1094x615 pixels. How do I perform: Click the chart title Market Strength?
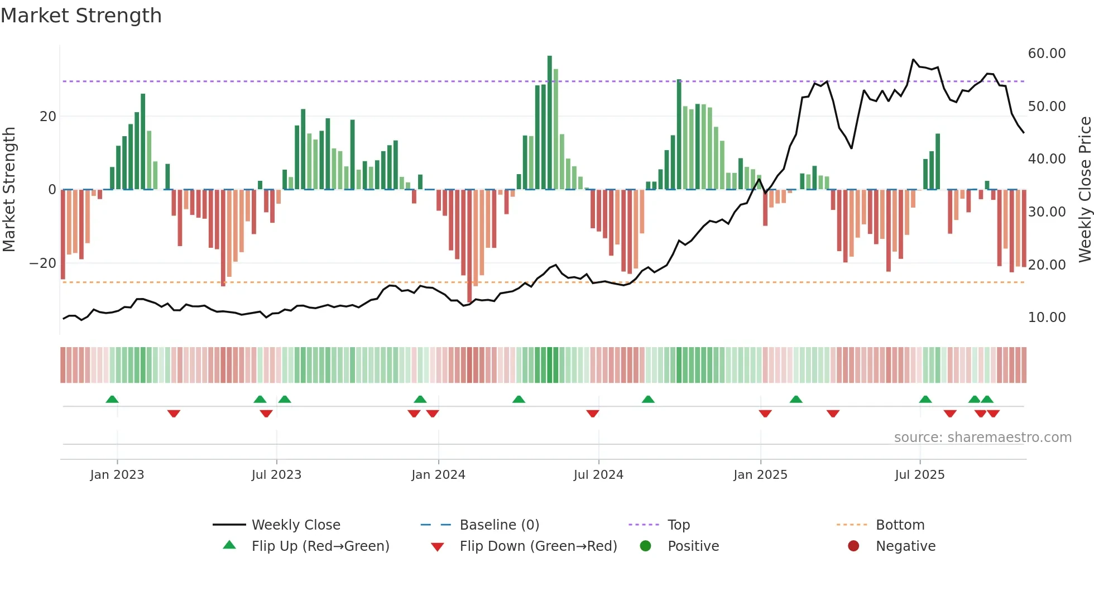pyautogui.click(x=81, y=16)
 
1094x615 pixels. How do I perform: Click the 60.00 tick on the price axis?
pyautogui.click(x=1047, y=54)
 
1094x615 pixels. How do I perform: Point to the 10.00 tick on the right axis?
pyautogui.click(x=1047, y=318)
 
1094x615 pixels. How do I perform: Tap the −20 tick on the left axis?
pyautogui.click(x=42, y=263)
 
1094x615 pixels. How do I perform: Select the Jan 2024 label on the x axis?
pyautogui.click(x=438, y=475)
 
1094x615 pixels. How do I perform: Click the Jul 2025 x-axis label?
pyautogui.click(x=919, y=475)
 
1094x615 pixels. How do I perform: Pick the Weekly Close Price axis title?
pyautogui.click(x=1085, y=190)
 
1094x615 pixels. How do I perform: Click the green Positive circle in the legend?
pyautogui.click(x=646, y=546)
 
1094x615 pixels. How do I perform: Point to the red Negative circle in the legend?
pyautogui.click(x=853, y=546)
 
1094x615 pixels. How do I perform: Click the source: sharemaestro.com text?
pyautogui.click(x=982, y=438)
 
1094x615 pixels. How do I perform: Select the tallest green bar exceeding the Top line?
pyautogui.click(x=550, y=123)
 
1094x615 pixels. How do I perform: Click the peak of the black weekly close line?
pyautogui.click(x=914, y=60)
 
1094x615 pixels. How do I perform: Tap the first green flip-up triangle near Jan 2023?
pyautogui.click(x=112, y=400)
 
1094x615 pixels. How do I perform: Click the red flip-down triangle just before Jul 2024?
pyautogui.click(x=593, y=414)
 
